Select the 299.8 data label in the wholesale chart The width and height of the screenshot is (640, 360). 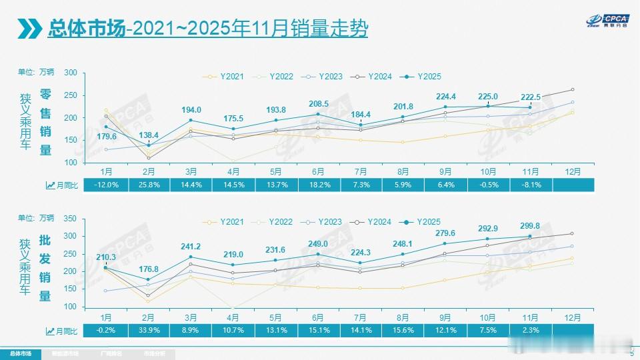click(x=531, y=226)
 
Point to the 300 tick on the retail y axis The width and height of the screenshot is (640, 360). click(x=71, y=73)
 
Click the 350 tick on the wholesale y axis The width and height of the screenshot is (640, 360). click(x=71, y=218)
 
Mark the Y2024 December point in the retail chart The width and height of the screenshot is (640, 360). click(x=573, y=89)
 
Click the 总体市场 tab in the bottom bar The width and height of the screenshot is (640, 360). click(x=19, y=353)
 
